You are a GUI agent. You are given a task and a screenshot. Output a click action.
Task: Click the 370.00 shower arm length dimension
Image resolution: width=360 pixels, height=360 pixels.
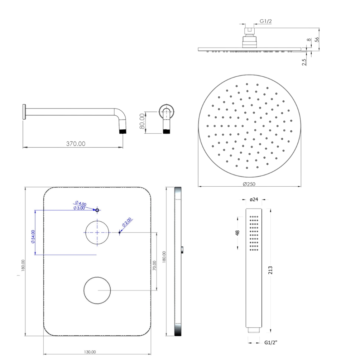click(x=76, y=144)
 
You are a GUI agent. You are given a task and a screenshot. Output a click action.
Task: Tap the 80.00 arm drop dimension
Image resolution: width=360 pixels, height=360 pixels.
click(x=142, y=121)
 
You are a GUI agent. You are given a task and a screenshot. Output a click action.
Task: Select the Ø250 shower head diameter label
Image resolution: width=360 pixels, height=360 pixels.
click(x=249, y=184)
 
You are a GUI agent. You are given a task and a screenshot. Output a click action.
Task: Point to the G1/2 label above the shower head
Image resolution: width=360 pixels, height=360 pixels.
click(x=266, y=21)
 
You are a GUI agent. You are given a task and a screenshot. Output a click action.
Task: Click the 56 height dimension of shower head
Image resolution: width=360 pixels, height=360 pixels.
click(x=317, y=39)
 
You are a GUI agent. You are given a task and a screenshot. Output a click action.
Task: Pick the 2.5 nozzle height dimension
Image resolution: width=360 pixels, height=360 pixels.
click(x=304, y=62)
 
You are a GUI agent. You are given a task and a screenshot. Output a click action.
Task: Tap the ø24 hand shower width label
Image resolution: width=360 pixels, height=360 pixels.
click(x=254, y=199)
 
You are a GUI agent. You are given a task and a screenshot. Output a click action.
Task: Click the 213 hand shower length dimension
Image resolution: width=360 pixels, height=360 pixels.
click(x=270, y=270)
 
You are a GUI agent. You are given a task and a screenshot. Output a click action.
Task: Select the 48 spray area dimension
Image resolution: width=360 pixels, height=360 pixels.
click(x=237, y=232)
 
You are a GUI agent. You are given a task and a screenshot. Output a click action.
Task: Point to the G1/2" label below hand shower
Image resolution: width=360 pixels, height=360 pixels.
click(x=271, y=342)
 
